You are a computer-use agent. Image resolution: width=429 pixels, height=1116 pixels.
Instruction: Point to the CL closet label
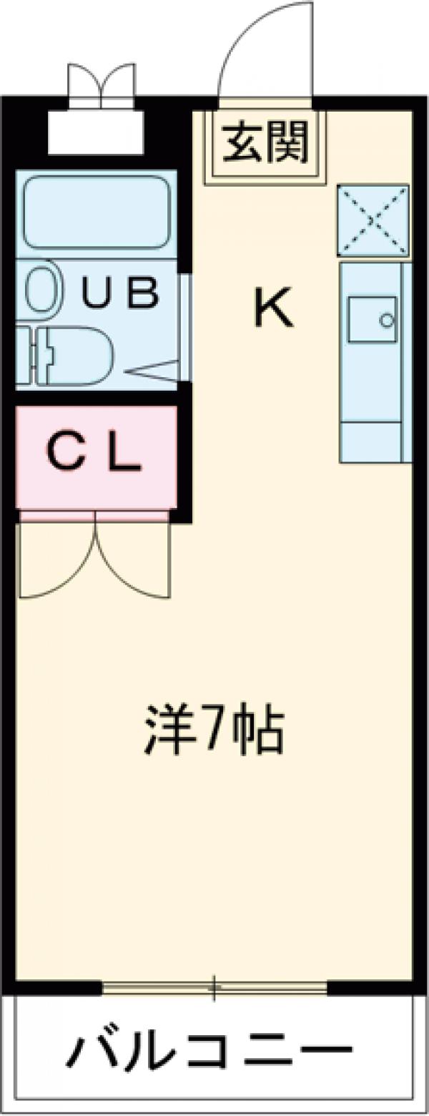point(94,454)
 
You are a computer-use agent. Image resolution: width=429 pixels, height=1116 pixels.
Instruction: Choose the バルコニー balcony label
point(211,1051)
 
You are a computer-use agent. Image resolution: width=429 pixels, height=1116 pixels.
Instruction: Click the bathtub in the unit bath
point(97,212)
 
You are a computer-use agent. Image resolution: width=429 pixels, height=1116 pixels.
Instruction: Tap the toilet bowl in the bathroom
point(79,356)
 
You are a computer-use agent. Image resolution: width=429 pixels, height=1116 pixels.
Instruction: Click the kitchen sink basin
point(373,318)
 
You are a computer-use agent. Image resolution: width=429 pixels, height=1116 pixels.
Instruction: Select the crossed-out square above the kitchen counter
point(373,220)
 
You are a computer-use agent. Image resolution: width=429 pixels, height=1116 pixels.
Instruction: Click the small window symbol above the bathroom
point(101,86)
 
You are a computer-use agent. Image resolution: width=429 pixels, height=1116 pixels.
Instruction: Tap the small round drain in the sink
point(387,320)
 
